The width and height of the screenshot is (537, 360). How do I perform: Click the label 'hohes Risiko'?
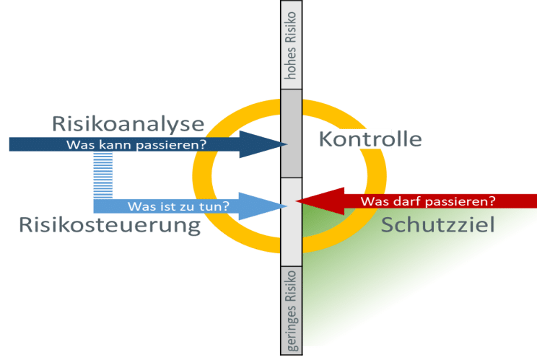point(292,45)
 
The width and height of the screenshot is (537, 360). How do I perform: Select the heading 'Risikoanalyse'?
point(128,123)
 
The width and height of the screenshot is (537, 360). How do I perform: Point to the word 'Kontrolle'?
point(370,139)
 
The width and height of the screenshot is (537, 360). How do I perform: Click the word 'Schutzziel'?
point(437,224)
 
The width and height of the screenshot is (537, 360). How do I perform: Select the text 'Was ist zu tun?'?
point(178,206)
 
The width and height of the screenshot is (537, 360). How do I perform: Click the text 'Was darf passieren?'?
point(427,201)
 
